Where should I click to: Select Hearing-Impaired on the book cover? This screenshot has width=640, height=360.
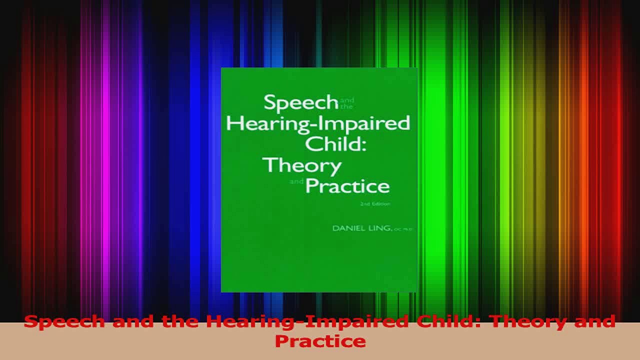(318, 123)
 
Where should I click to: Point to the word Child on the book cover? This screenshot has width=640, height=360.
(332, 144)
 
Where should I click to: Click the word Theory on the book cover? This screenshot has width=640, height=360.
(302, 165)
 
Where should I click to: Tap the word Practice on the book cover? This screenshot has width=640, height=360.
(347, 186)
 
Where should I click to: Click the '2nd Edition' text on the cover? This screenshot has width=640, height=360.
(375, 203)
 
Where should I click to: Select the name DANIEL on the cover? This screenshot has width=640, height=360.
(347, 228)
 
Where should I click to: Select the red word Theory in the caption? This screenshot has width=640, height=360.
(511, 321)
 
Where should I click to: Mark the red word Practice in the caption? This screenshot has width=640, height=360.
(320, 341)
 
